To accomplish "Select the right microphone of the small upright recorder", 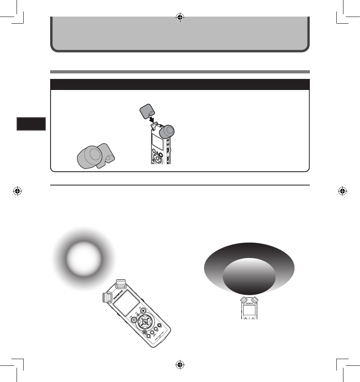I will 255,300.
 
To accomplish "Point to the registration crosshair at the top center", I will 180,17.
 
